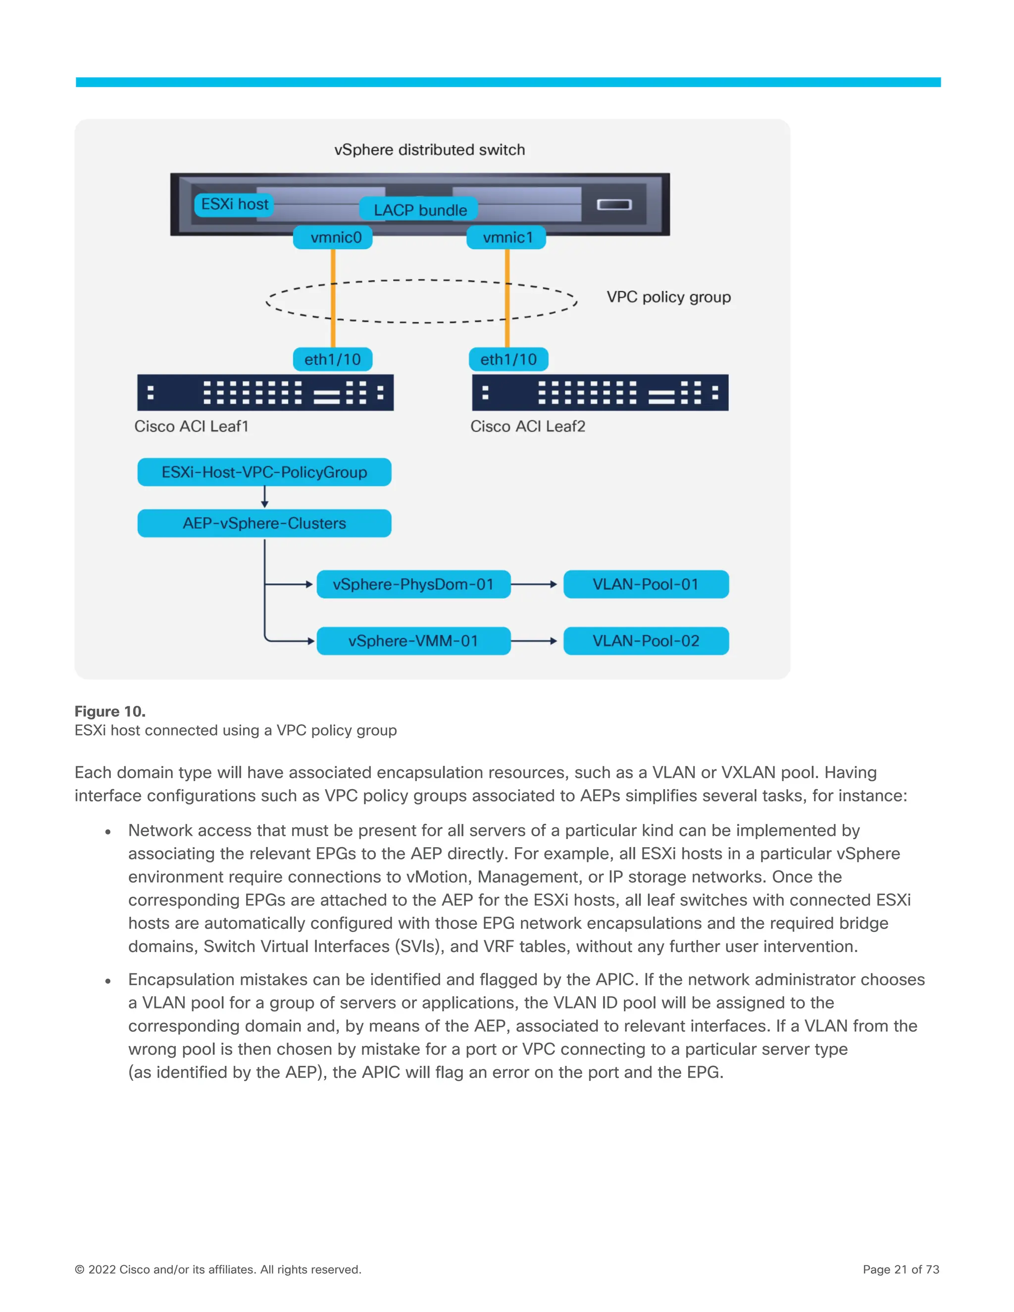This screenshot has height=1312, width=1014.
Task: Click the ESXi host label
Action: (234, 205)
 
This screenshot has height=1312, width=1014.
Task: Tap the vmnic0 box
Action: (333, 237)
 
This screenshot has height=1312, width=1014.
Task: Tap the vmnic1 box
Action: (507, 237)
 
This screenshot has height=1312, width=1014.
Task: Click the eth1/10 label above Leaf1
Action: (332, 359)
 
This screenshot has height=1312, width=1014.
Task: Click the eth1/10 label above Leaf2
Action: (508, 359)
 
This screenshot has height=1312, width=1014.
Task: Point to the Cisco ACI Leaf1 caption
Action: (191, 426)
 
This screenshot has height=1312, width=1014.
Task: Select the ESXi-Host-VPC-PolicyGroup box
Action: (264, 472)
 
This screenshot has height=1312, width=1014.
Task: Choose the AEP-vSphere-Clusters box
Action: (264, 523)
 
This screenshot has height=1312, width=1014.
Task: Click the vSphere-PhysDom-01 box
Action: (413, 584)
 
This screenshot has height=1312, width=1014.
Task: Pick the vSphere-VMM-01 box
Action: (413, 641)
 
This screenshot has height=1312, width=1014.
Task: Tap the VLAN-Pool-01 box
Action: (646, 584)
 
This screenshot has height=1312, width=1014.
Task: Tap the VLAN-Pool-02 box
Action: (646, 641)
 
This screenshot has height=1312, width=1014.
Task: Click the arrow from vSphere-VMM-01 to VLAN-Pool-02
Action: (535, 641)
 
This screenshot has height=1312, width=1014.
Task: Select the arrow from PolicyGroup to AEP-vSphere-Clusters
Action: (264, 497)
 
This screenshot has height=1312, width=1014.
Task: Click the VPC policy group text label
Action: (668, 297)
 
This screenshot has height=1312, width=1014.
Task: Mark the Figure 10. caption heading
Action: (110, 711)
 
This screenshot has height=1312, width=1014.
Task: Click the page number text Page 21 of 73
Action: (901, 1269)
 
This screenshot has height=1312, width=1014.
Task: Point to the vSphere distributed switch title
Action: (429, 150)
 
